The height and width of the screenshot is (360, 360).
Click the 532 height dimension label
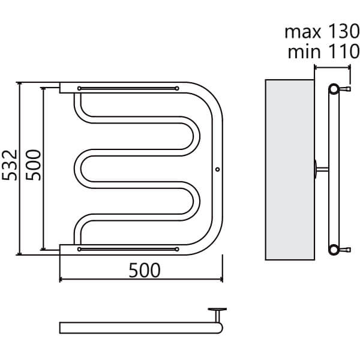tap(10, 165)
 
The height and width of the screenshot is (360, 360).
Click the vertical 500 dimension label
tap(33, 165)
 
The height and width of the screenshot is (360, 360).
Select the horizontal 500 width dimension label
tap(145, 271)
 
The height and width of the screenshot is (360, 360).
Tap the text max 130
tap(322, 32)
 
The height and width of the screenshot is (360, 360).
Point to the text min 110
tap(323, 52)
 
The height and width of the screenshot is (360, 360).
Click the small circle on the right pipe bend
tap(217, 169)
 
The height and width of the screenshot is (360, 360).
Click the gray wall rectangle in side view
tap(290, 170)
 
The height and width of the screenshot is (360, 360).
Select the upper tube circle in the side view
tap(334, 89)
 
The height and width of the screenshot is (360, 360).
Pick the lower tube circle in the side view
tap(334, 250)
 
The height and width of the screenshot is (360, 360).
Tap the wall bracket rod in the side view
tap(322, 169)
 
